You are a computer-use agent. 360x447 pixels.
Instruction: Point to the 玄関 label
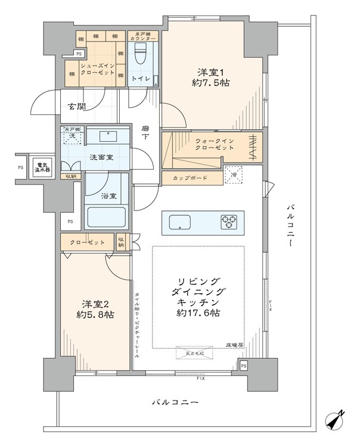point(76,107)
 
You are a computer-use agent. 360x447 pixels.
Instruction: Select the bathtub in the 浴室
point(107,217)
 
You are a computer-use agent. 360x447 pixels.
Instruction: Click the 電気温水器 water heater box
point(41,168)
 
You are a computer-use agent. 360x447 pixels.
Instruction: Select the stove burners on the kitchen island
point(229,222)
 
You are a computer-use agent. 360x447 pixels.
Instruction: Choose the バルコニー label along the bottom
point(174,404)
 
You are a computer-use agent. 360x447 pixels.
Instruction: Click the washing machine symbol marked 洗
point(72,136)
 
